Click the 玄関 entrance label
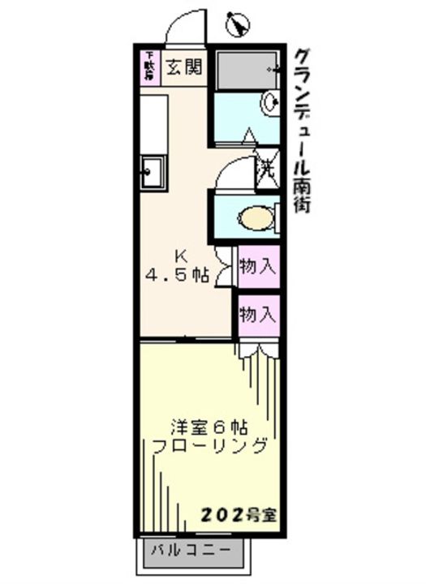tap(184, 68)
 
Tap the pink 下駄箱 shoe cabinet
tap(149, 68)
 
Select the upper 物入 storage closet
tap(259, 267)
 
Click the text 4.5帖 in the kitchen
tap(177, 276)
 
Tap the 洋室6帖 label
tap(209, 425)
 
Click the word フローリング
tap(209, 445)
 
